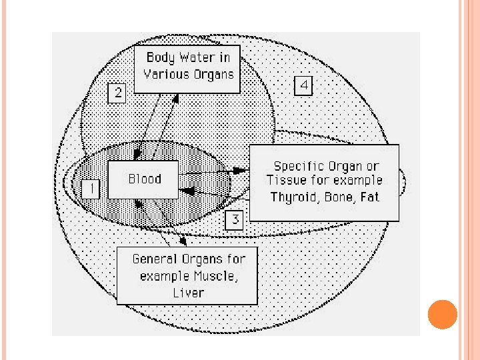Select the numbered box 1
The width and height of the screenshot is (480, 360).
pos(91,189)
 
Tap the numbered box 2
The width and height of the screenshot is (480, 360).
pos(117,92)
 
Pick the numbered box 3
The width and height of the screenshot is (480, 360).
pos(235,219)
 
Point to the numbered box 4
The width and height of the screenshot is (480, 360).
pos(303,85)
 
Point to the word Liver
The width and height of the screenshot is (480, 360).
pos(187,292)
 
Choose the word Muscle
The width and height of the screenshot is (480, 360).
pos(213,276)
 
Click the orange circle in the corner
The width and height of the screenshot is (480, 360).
pos(441,314)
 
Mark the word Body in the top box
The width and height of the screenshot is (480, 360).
pos(159,57)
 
